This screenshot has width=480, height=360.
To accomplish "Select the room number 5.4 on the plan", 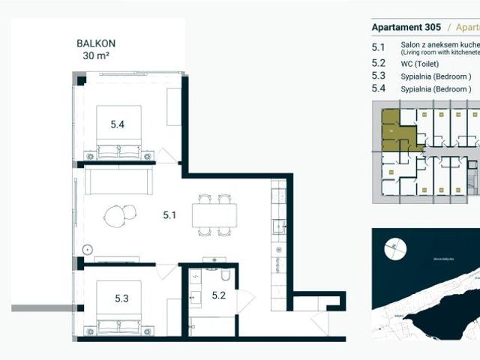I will click(117, 124).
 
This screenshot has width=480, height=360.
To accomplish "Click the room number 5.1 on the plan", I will click(169, 215).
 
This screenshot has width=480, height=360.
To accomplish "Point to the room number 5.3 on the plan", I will click(121, 298).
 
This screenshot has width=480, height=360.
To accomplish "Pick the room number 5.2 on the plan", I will click(218, 295).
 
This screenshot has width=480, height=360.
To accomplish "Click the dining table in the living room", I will click(214, 215).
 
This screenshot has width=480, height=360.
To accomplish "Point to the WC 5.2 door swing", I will click(246, 300).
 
